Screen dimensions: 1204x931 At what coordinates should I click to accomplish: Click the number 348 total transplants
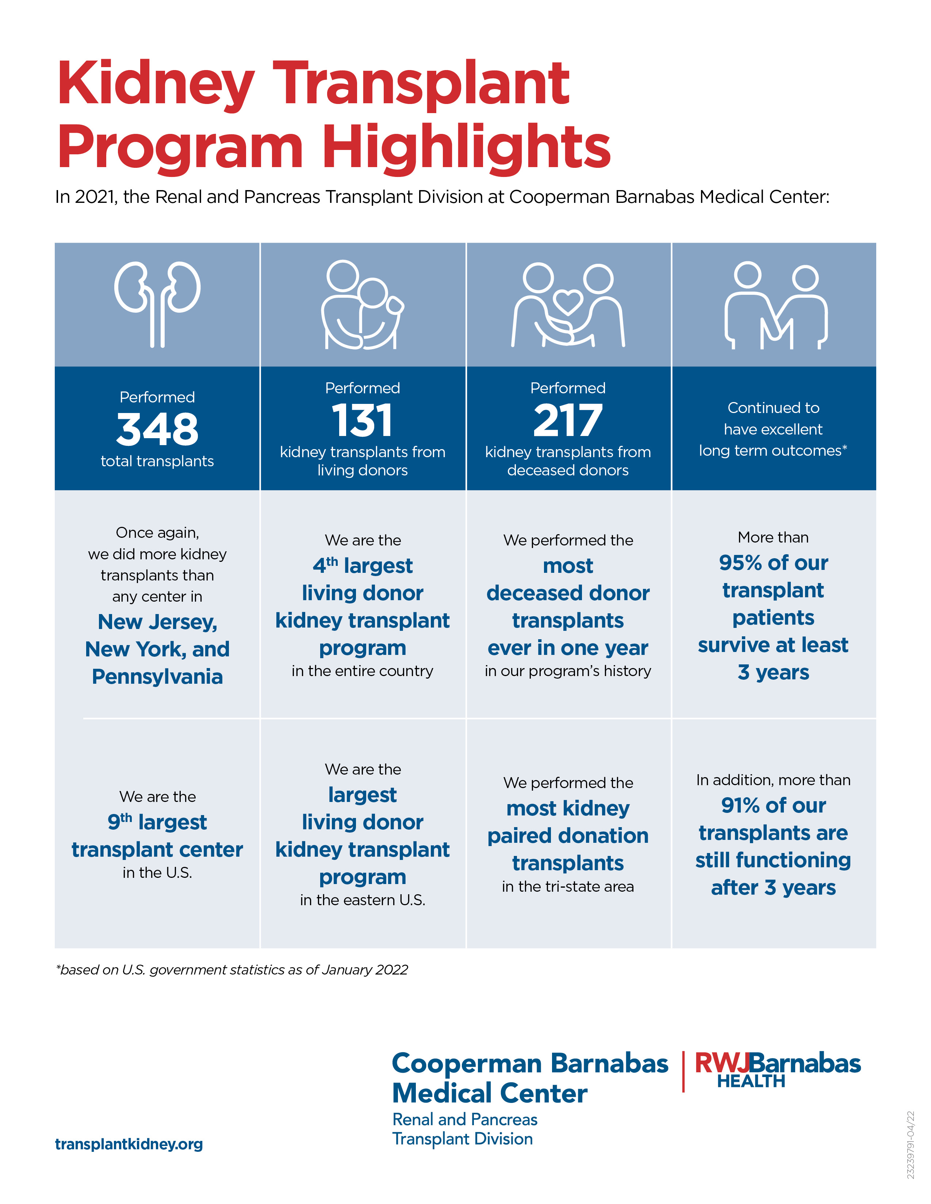click(157, 429)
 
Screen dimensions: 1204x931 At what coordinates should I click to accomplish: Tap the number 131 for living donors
click(363, 420)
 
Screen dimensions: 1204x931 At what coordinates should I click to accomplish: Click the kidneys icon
click(157, 304)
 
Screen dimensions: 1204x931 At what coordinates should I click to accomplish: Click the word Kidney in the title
click(156, 84)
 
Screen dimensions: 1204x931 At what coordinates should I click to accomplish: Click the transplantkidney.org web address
click(129, 1144)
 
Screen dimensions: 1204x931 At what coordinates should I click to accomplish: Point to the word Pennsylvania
click(157, 676)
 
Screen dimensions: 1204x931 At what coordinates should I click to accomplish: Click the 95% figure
click(740, 563)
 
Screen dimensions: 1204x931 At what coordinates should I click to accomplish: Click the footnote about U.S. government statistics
click(231, 970)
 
